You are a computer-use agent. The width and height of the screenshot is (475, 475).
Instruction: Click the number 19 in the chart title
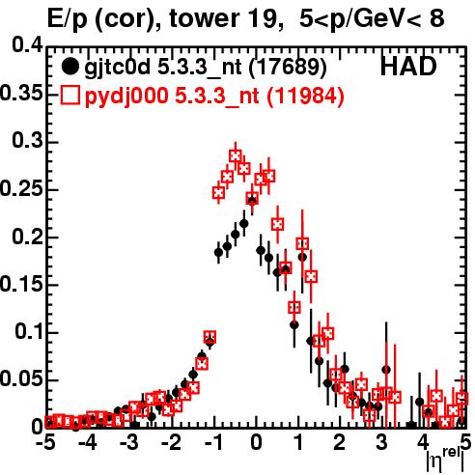coord(265,18)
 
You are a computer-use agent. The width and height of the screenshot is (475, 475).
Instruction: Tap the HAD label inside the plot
coord(408,67)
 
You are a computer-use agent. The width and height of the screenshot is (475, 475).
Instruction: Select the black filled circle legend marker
coord(70,67)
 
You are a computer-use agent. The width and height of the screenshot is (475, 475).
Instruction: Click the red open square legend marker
coord(70,96)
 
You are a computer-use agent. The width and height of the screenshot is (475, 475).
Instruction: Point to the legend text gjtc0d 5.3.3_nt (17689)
coord(206,69)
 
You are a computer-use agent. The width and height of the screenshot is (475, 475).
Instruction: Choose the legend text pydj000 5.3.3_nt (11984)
coord(214,97)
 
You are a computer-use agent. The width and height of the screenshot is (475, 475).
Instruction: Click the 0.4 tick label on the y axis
coord(28,45)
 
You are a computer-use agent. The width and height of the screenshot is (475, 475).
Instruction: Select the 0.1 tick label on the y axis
coord(28,331)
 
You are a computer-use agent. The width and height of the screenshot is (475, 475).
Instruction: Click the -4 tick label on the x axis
coord(87,442)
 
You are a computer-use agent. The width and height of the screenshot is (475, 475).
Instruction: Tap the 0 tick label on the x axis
coord(256,442)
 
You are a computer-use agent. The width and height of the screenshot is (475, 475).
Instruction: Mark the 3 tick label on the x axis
coord(381,442)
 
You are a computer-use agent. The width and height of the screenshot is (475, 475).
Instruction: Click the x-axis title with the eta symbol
coord(446,460)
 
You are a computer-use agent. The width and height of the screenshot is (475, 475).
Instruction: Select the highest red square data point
coord(236,156)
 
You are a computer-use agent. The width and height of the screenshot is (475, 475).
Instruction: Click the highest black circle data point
coord(252,200)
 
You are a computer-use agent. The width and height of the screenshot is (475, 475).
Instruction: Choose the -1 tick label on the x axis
coord(212,442)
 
